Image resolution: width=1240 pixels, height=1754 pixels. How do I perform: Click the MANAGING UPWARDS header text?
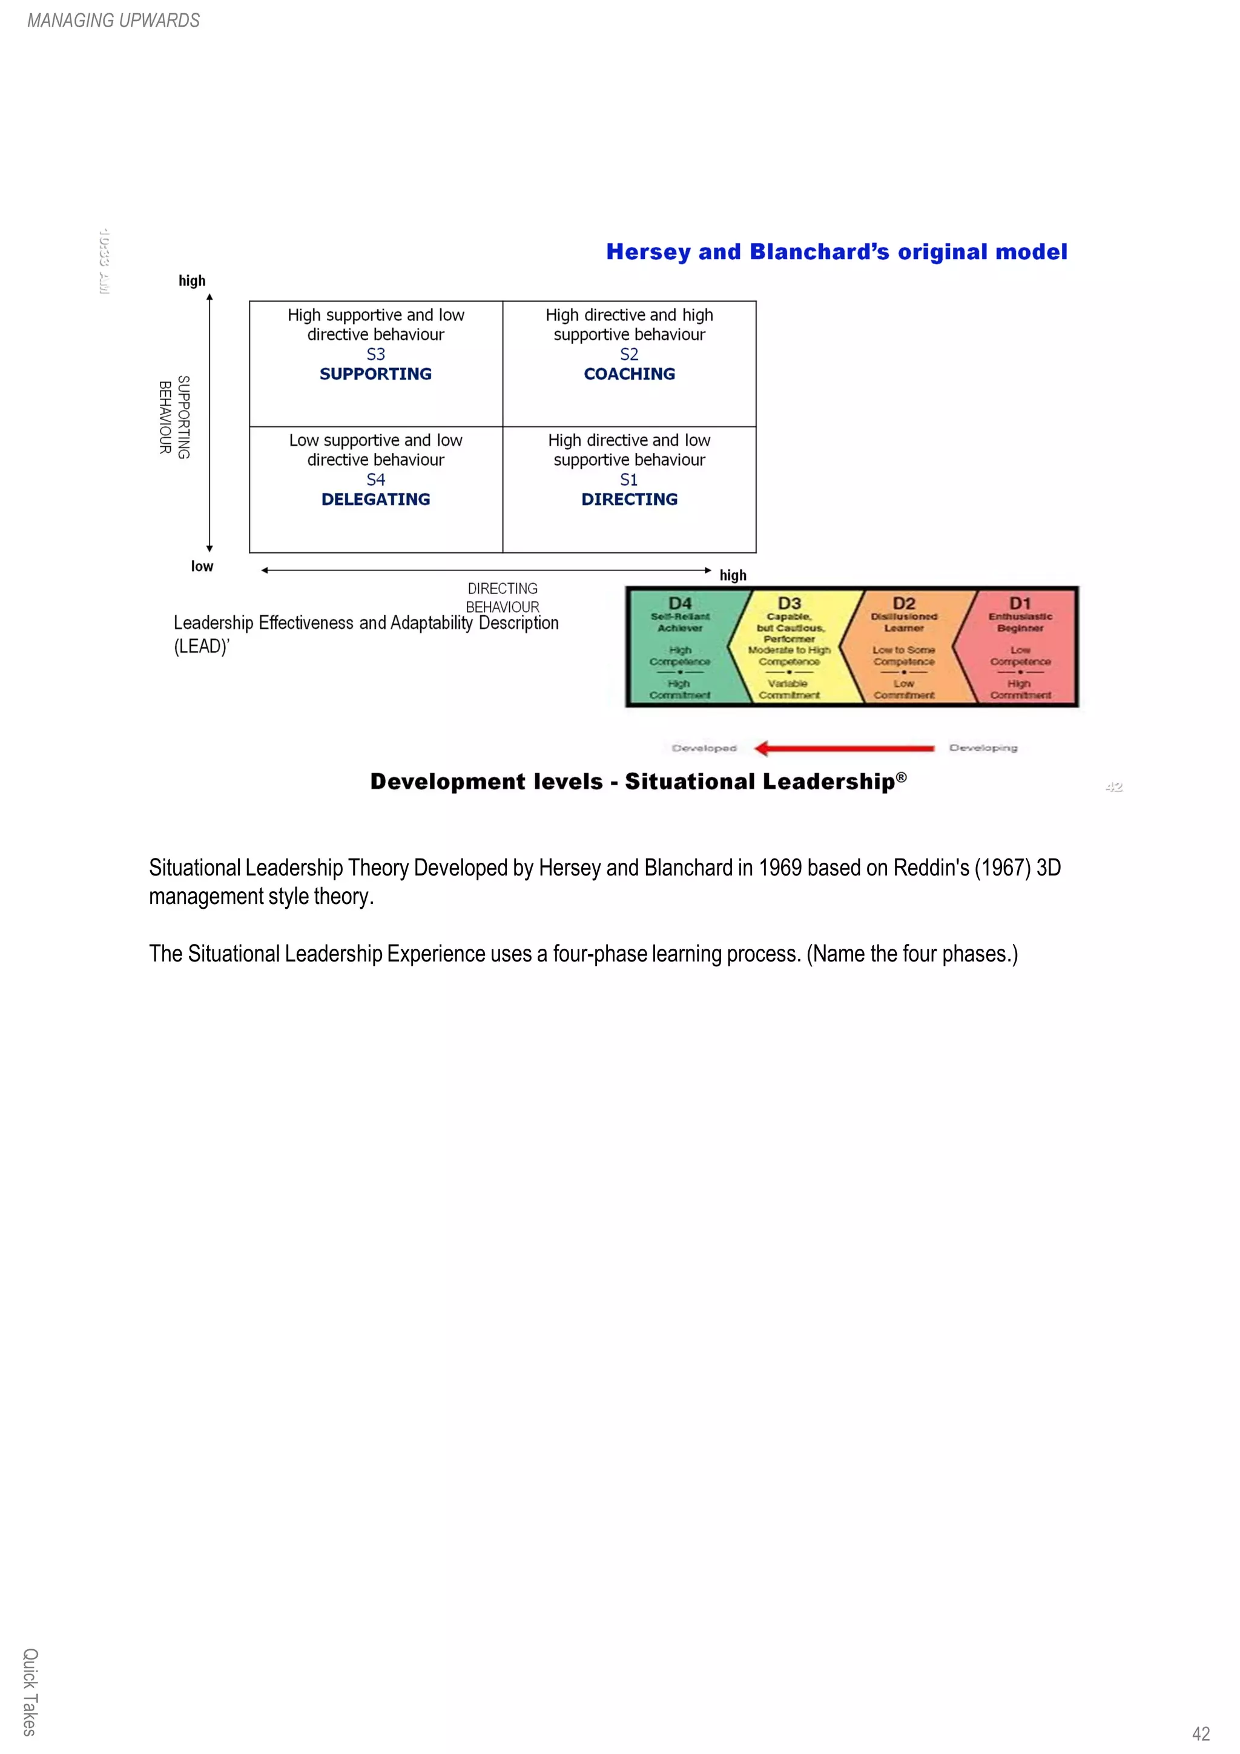click(x=113, y=21)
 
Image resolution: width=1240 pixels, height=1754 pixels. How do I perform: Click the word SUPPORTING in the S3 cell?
click(x=375, y=374)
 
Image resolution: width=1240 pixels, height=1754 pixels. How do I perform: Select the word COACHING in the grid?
click(x=629, y=374)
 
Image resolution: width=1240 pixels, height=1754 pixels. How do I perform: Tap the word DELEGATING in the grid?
click(x=375, y=499)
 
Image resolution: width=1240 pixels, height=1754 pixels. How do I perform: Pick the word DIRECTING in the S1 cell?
click(x=629, y=499)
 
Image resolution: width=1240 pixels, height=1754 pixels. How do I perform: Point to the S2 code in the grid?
click(x=629, y=354)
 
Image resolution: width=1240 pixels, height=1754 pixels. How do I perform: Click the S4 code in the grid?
click(x=375, y=480)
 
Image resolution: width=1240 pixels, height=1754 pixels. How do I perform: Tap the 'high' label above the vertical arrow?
click(x=192, y=280)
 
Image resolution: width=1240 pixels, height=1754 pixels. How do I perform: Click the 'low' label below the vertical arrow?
click(x=202, y=566)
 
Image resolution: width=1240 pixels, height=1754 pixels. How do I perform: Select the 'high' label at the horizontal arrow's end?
click(x=733, y=575)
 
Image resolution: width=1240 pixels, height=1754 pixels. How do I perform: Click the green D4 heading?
click(x=679, y=603)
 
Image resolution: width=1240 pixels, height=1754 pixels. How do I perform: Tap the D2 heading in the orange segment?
click(x=903, y=603)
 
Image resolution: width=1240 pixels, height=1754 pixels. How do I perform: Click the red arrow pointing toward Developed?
click(x=843, y=748)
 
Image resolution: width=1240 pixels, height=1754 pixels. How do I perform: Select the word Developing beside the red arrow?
click(x=983, y=748)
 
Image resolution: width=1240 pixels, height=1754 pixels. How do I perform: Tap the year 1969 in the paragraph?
click(x=779, y=868)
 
